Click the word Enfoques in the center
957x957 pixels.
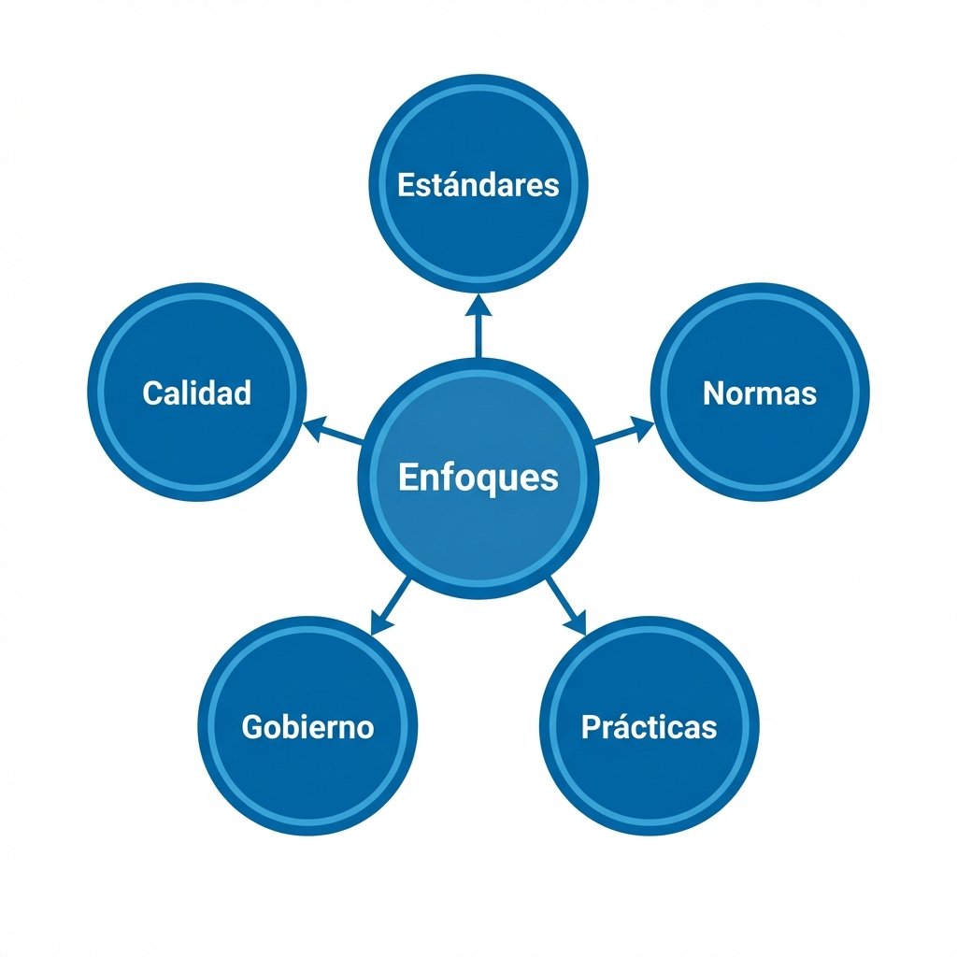[x=478, y=478]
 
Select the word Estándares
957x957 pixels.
[x=478, y=184]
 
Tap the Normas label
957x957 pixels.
[x=759, y=393]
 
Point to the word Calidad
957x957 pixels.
[x=197, y=393]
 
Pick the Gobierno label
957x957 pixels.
[x=307, y=727]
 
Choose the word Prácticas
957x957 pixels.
[x=649, y=727]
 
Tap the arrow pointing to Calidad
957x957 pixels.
[x=334, y=432]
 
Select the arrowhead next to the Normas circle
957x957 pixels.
[x=644, y=426]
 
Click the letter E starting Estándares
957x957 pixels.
[x=405, y=184]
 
